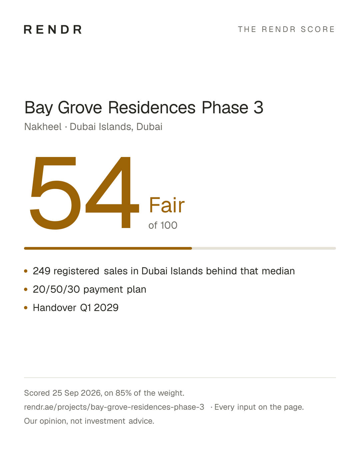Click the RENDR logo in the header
(53, 29)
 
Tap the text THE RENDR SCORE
(286, 29)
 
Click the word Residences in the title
(152, 108)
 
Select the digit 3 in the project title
(258, 108)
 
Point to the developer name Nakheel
(43, 127)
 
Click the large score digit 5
(55, 193)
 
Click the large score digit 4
(112, 192)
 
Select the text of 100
(163, 225)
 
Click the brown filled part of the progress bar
(108, 248)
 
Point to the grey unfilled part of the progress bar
(264, 248)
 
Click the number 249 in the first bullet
(41, 271)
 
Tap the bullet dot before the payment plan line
(26, 289)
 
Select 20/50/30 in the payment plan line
(56, 289)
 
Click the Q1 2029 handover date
(99, 308)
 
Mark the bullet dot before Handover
(26, 308)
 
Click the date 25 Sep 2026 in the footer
(77, 393)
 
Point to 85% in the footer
(123, 393)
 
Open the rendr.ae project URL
(114, 407)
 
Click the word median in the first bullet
(278, 271)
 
